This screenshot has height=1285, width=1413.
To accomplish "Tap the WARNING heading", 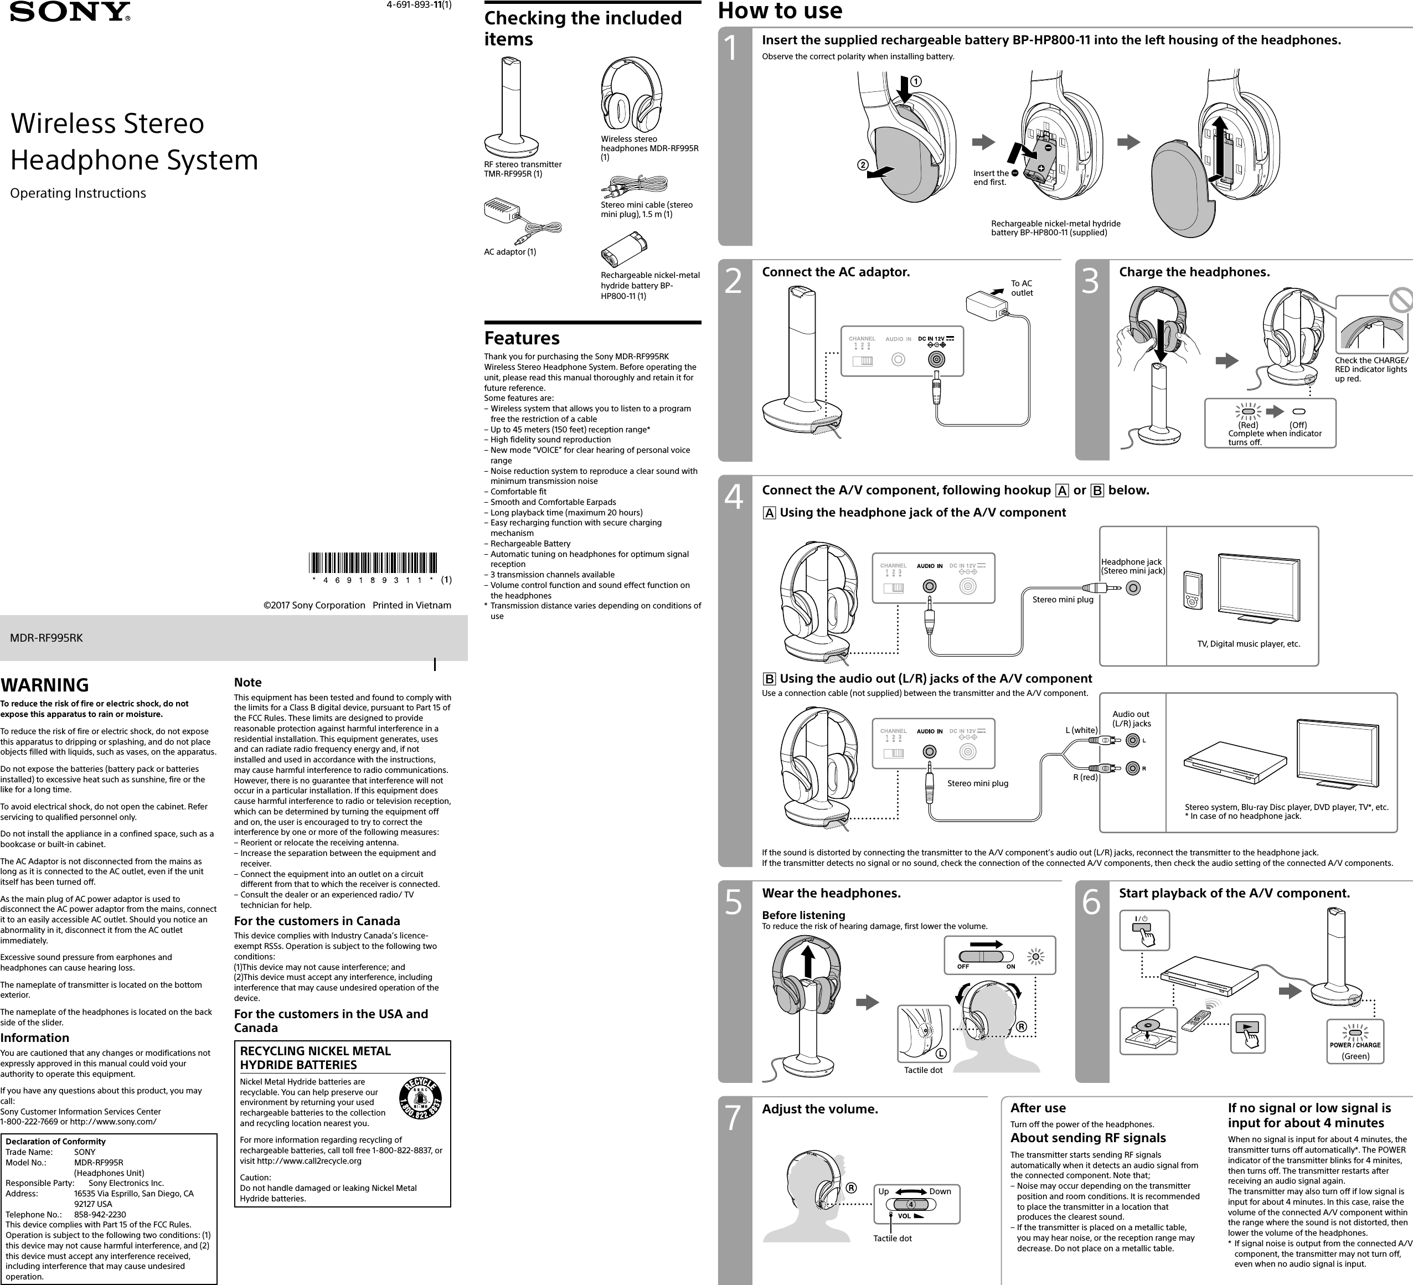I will tap(45, 684).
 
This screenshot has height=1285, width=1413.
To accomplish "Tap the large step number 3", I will tap(1091, 281).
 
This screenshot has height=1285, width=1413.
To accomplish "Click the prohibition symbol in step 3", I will tap(1400, 301).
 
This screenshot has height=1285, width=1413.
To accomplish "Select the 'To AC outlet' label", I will tap(1021, 288).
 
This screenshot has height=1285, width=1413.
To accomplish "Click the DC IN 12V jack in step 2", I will tap(935, 359).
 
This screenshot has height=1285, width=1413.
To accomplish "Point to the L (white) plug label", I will tap(1081, 730).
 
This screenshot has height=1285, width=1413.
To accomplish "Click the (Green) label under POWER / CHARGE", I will tap(1355, 1056).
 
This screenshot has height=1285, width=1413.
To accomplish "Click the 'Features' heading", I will tap(522, 338).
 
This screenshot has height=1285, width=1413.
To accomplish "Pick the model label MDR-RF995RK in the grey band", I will tap(47, 638).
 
